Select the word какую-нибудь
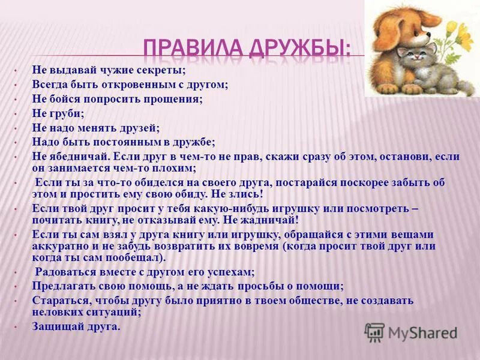click(x=191, y=209)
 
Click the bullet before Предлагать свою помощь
click(x=16, y=287)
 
